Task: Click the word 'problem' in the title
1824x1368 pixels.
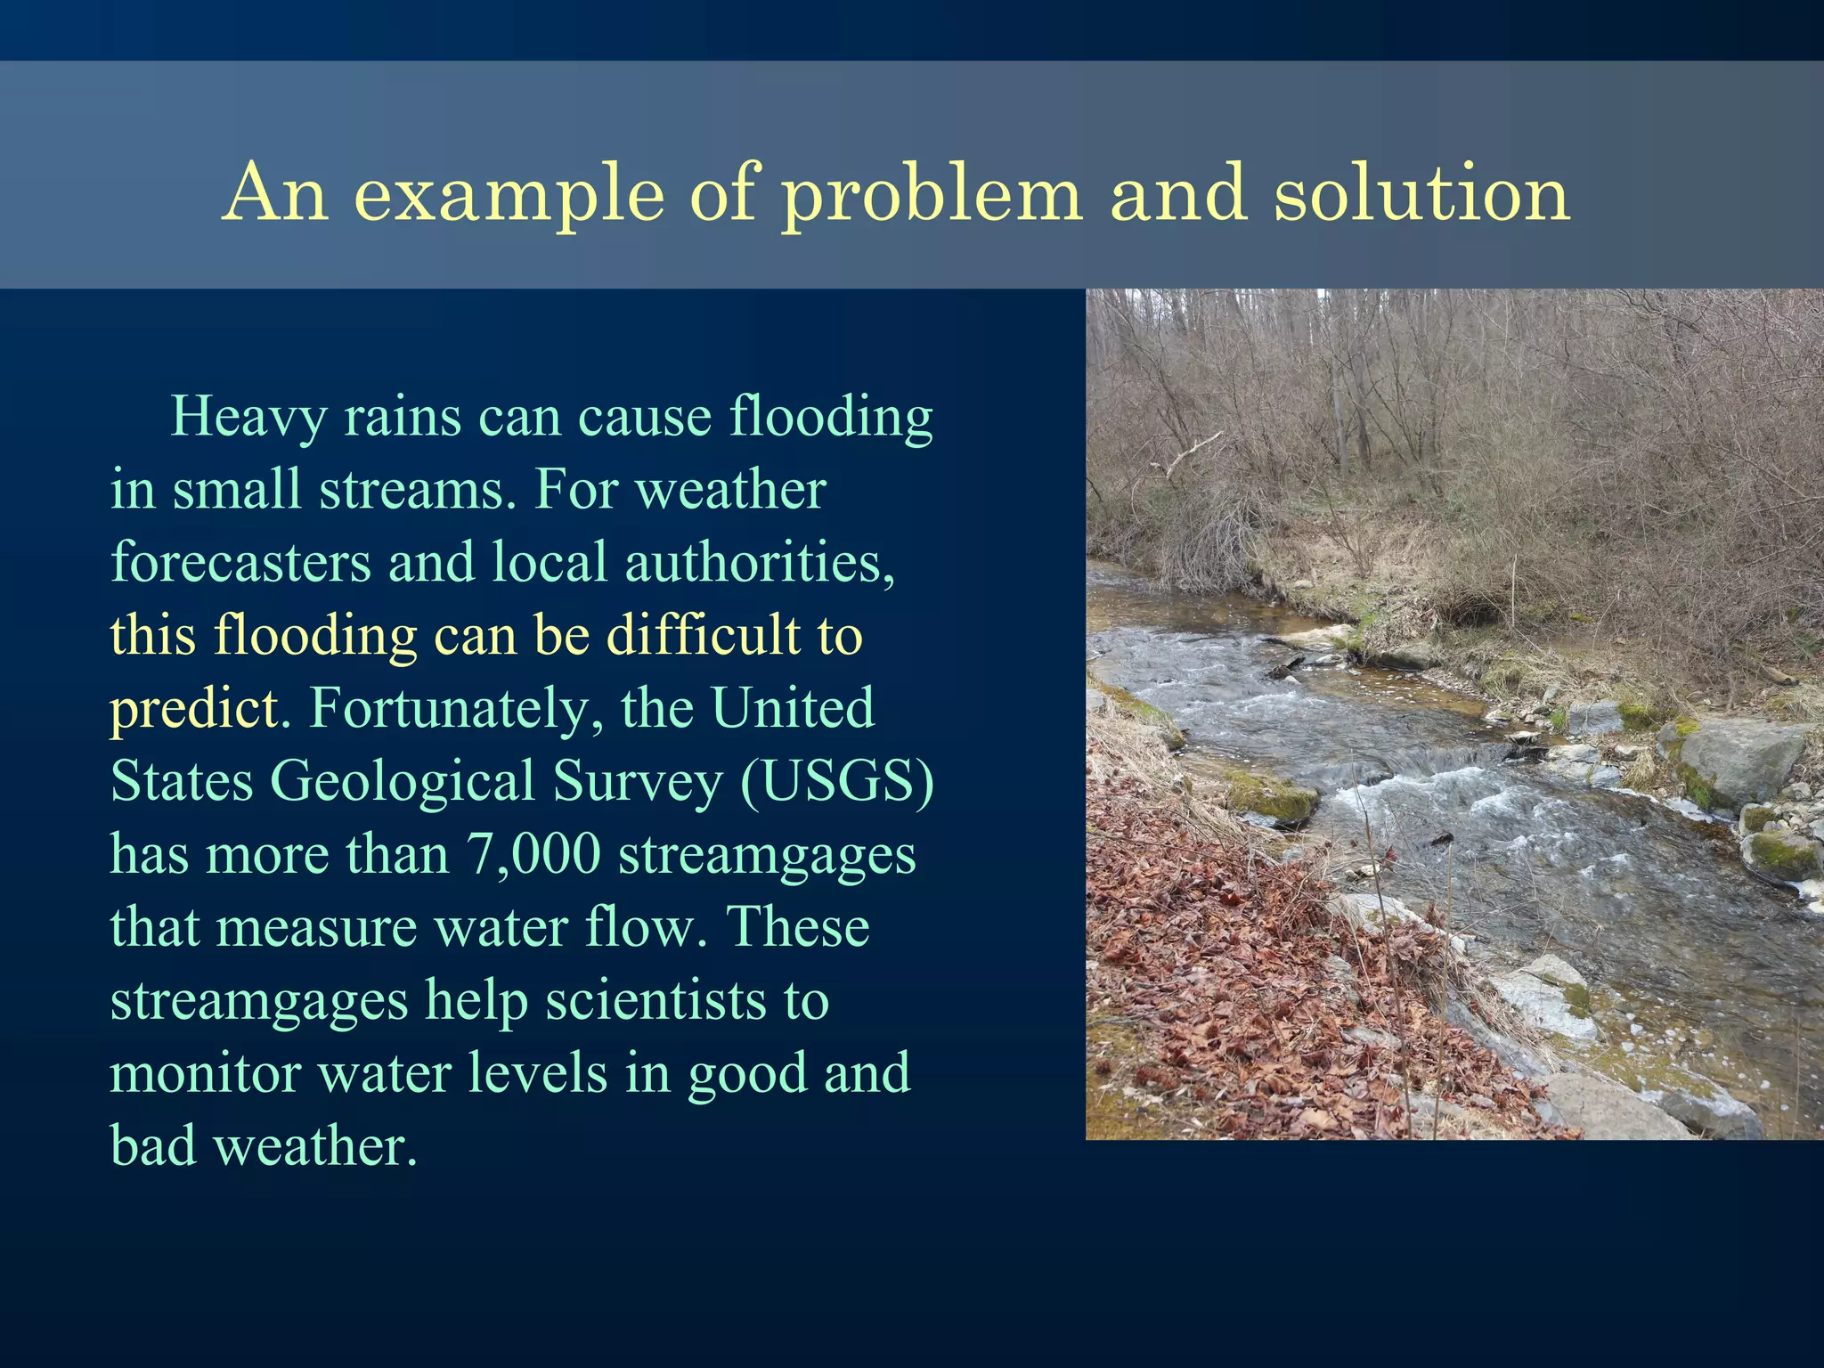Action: coord(932,194)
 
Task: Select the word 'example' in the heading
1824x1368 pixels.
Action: coord(510,194)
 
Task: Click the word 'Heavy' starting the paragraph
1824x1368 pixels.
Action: coord(248,418)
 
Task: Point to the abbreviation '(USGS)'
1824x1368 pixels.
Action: coord(836,782)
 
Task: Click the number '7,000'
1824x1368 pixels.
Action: coord(533,854)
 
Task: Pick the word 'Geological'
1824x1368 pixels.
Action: coord(402,782)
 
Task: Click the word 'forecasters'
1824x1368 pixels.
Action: coord(240,563)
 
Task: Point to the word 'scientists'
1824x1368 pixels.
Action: coord(655,1000)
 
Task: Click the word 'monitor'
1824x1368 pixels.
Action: coord(205,1073)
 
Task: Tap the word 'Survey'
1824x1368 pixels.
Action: coord(637,782)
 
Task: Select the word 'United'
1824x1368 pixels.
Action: coord(792,709)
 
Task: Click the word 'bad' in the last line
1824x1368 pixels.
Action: coord(152,1146)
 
